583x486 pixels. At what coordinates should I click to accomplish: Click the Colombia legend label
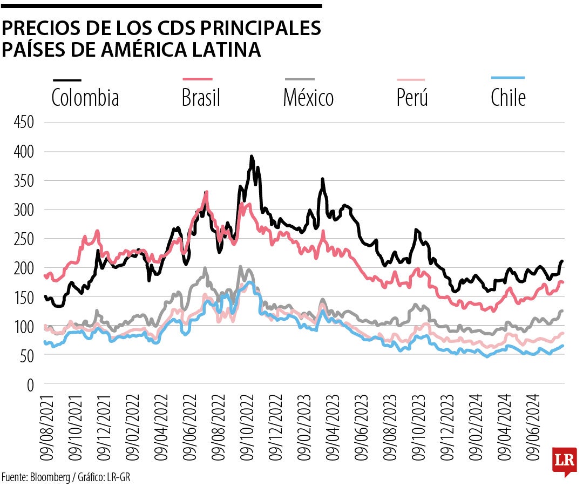click(85, 98)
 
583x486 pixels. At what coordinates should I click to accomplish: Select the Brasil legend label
click(201, 98)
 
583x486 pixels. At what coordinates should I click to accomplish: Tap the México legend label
click(308, 98)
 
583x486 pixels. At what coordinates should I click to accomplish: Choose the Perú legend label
click(412, 98)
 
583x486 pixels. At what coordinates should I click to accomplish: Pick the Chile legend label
click(508, 98)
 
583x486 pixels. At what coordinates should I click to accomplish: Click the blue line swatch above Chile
click(508, 78)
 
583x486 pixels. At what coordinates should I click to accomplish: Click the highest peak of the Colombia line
click(252, 157)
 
